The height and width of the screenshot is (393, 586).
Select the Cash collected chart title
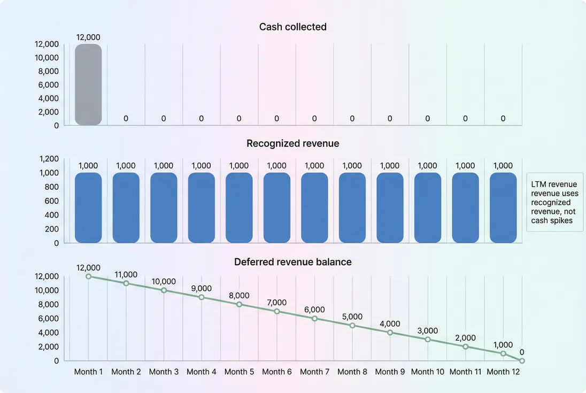[x=292, y=27]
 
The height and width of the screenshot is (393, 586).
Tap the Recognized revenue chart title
[x=292, y=143]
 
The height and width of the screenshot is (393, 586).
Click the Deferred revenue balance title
[x=292, y=262]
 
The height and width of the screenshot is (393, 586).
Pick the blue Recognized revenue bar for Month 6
[x=276, y=207]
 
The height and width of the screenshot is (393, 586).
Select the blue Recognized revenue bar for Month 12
[x=503, y=207]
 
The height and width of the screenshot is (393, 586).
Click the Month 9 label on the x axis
[x=390, y=372]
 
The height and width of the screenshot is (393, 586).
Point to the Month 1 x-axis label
[x=88, y=372]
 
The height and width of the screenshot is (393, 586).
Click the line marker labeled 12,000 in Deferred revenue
[x=88, y=276]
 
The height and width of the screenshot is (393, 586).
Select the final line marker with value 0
[x=522, y=361]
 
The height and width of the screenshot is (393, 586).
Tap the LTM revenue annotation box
[x=554, y=202]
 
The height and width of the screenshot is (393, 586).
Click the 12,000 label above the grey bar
[x=88, y=37]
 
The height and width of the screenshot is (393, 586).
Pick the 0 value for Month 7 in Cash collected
[x=314, y=119]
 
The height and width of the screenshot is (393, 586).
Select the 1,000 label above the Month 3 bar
[x=164, y=166]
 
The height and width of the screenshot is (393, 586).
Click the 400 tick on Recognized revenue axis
[x=52, y=215]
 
